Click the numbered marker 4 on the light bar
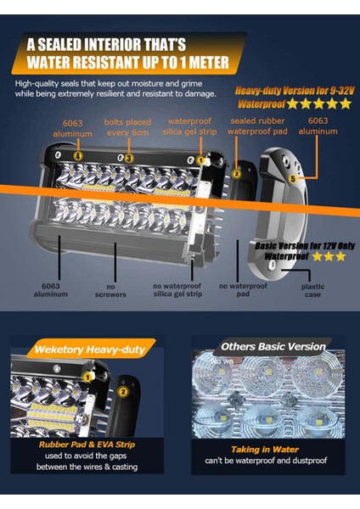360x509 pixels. (x=78, y=156)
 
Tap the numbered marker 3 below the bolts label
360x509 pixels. (x=129, y=159)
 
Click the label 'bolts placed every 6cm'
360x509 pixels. (x=129, y=128)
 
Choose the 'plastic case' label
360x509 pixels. (x=313, y=291)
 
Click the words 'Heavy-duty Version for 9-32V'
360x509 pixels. (x=293, y=90)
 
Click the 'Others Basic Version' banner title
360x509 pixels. (x=273, y=346)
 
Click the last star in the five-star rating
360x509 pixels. (x=345, y=103)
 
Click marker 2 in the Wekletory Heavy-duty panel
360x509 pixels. (x=122, y=391)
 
